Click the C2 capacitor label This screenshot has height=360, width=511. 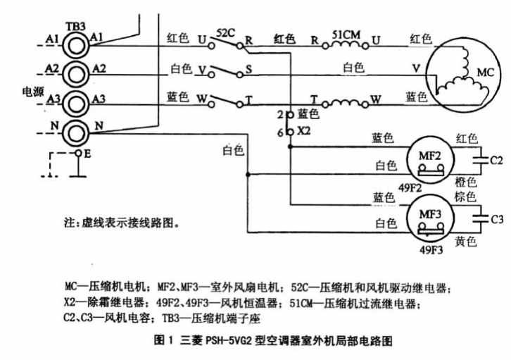pos(496,161)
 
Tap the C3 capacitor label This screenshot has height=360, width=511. pos(497,219)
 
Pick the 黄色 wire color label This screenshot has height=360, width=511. pos(466,242)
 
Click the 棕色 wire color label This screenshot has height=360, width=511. pos(467,195)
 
